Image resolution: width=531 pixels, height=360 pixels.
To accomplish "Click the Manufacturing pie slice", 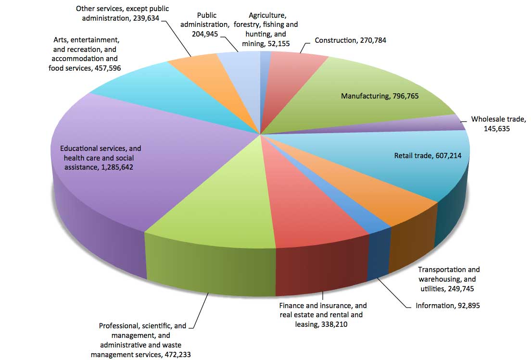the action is pyautogui.click(x=366, y=98).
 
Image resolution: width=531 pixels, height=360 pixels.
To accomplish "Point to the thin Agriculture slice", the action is pyautogui.click(x=264, y=85).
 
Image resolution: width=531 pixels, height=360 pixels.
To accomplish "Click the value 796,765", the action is pyautogui.click(x=405, y=96).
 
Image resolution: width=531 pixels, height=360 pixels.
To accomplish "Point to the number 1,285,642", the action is pyautogui.click(x=117, y=167).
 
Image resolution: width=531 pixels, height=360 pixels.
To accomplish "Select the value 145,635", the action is pyautogui.click(x=497, y=129).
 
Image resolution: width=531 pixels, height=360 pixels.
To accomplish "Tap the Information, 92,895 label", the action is pyautogui.click(x=448, y=306).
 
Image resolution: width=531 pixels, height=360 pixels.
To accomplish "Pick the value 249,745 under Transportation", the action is pyautogui.click(x=461, y=288).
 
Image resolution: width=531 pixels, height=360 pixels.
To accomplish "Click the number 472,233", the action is pyautogui.click(x=177, y=355).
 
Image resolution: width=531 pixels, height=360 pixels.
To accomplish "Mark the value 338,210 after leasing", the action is pyautogui.click(x=334, y=324).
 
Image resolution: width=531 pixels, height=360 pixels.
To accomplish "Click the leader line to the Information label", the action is pyautogui.click(x=393, y=293).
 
